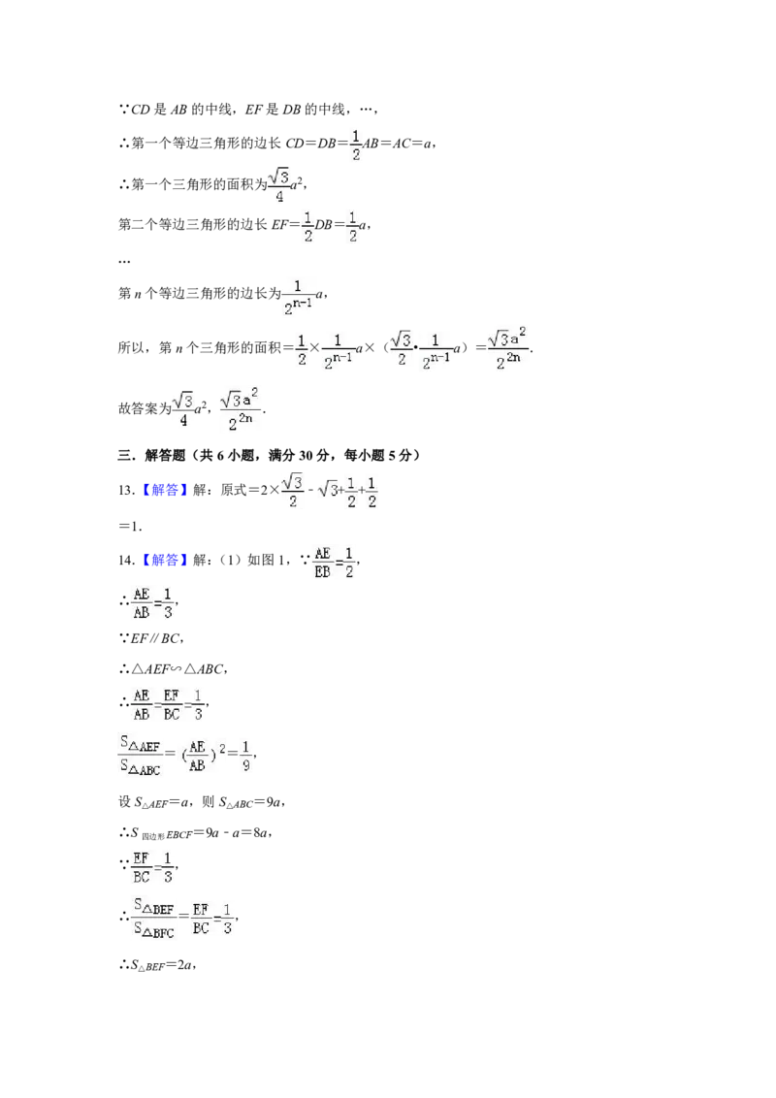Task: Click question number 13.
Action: coord(126,490)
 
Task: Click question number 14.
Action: coord(126,561)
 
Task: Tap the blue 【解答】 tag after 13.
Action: coord(165,490)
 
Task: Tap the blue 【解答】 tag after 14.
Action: coord(165,561)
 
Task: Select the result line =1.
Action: coord(130,526)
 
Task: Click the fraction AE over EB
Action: coord(322,563)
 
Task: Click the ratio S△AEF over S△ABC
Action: coord(140,756)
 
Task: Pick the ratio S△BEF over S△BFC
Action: coord(154,919)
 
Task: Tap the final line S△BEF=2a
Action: coord(157,965)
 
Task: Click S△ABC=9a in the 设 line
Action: coord(251,802)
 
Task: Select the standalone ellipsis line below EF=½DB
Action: coord(124,261)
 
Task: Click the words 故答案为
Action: coord(145,408)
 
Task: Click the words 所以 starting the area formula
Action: coord(131,347)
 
